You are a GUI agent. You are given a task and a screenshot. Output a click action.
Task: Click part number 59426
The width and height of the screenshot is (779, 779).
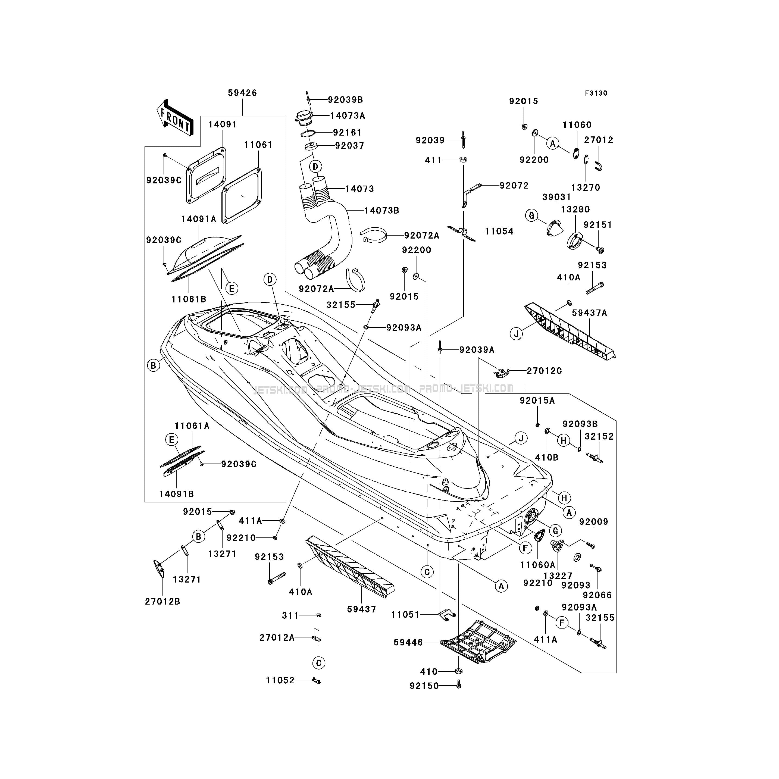tap(242, 93)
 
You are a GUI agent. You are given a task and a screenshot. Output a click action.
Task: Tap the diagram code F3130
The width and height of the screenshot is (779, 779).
tap(596, 93)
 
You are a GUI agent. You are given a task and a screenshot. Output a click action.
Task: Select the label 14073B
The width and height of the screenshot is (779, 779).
tap(381, 211)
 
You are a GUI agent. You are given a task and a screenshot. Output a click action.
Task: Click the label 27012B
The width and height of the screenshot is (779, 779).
tap(162, 601)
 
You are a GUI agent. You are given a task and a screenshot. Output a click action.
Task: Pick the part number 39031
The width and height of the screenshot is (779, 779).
tap(556, 197)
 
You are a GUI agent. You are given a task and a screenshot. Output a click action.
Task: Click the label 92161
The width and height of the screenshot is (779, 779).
tap(347, 132)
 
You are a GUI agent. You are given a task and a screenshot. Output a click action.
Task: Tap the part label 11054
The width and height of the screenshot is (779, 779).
tap(499, 231)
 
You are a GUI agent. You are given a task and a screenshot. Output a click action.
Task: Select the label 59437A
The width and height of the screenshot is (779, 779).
tap(590, 313)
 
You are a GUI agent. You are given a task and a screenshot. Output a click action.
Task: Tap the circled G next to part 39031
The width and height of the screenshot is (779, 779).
tap(531, 216)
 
